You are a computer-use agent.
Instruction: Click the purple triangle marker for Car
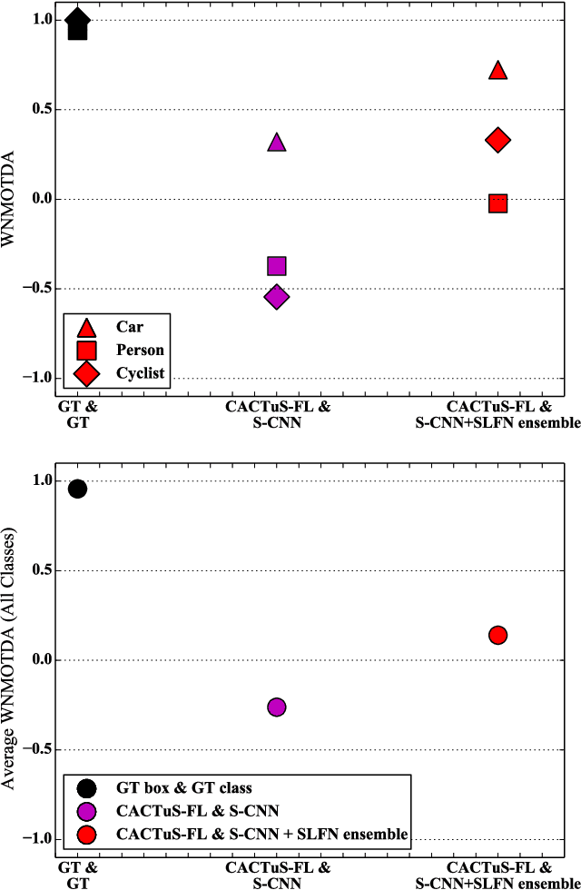pyautogui.click(x=277, y=142)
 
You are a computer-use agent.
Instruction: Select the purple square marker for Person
pyautogui.click(x=277, y=266)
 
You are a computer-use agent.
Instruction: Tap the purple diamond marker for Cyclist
pyautogui.click(x=277, y=297)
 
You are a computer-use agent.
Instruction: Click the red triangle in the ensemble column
pyautogui.click(x=497, y=70)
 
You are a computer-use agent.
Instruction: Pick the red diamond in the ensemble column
pyautogui.click(x=497, y=140)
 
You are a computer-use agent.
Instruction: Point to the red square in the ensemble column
pyautogui.click(x=497, y=203)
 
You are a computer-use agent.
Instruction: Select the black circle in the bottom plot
pyautogui.click(x=77, y=489)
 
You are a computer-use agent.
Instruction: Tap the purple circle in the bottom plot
pyautogui.click(x=277, y=707)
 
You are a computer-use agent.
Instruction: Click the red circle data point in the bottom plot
pyautogui.click(x=497, y=635)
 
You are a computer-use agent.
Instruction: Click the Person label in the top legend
pyautogui.click(x=139, y=350)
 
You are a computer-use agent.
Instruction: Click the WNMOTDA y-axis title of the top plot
pyautogui.click(x=12, y=199)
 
